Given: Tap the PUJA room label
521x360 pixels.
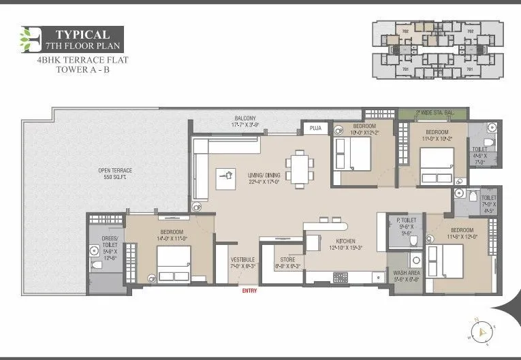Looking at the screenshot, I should pyautogui.click(x=315, y=127).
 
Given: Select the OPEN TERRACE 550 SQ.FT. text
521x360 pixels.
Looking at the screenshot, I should pyautogui.click(x=114, y=174).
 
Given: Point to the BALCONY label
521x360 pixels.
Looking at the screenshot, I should pyautogui.click(x=246, y=121).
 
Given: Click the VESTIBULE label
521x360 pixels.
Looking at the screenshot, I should pyautogui.click(x=242, y=263).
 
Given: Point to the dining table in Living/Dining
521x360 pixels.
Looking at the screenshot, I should pyautogui.click(x=299, y=168).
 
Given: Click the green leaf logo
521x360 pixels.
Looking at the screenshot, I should pyautogui.click(x=30, y=40).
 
